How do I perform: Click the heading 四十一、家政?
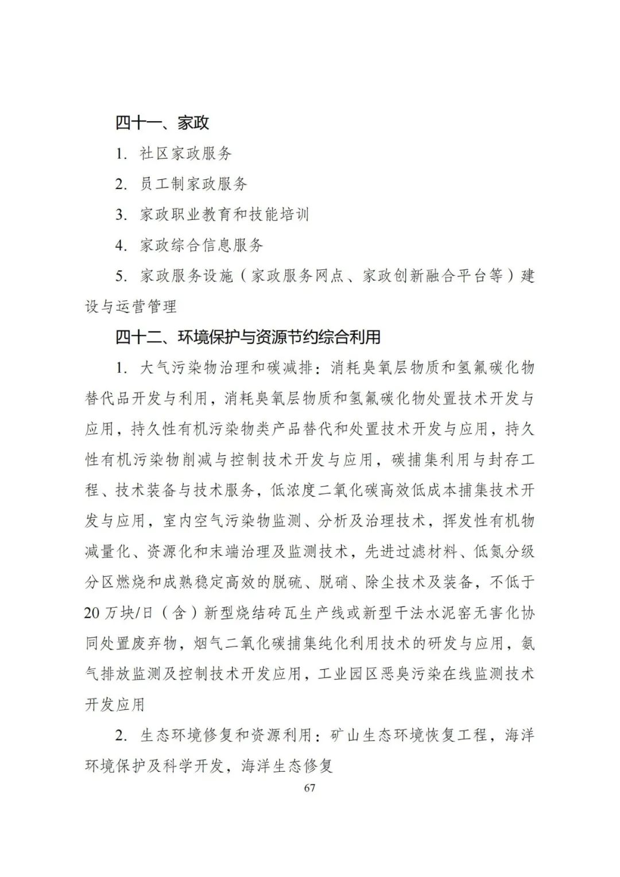coord(162,123)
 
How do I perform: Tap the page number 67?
coord(309,788)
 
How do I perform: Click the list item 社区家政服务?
coord(185,153)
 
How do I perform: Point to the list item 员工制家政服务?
coord(193,184)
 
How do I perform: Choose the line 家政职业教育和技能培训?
coord(224,215)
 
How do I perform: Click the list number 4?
coord(120,246)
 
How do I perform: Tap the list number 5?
coord(120,276)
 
